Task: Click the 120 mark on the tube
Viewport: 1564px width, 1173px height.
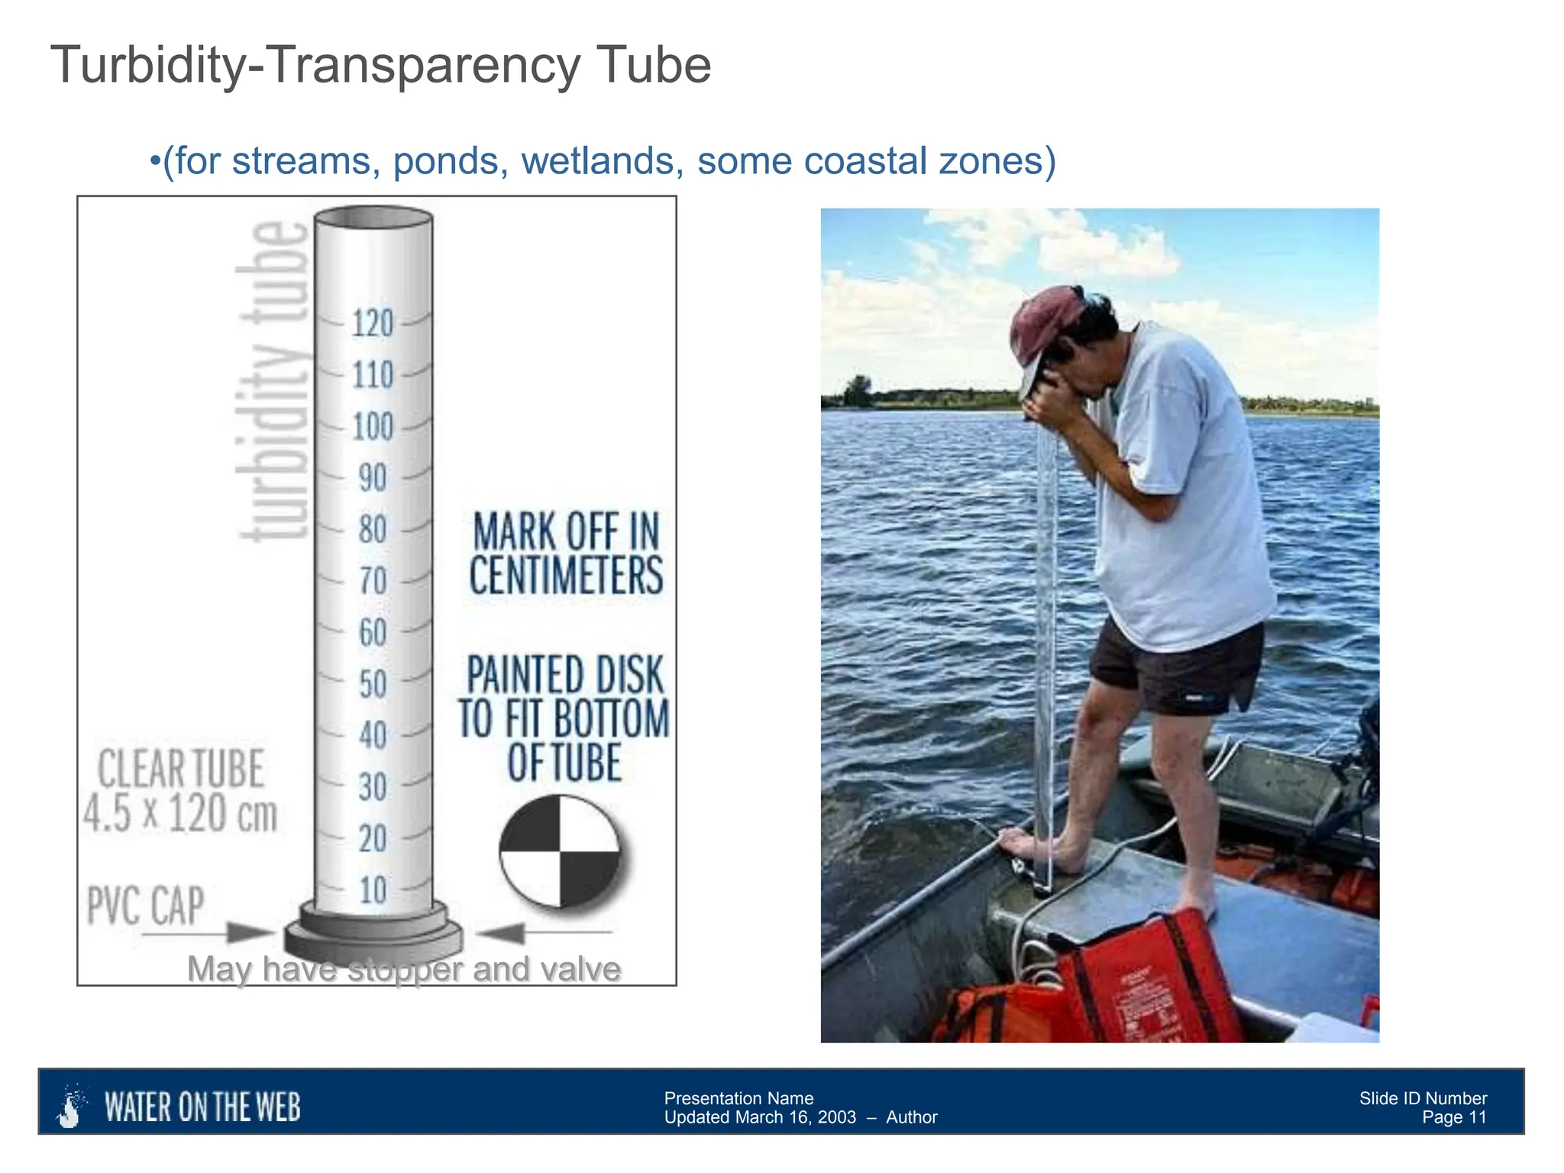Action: [x=373, y=324]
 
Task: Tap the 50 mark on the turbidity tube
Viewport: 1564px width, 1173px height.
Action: [x=373, y=684]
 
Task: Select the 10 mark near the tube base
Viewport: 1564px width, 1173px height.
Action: [x=373, y=890]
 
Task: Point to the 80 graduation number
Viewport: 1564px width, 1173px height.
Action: [x=373, y=530]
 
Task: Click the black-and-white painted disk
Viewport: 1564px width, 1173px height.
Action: [x=560, y=851]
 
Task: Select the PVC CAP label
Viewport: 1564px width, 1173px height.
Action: [x=146, y=906]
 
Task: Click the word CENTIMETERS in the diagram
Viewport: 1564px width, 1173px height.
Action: [x=566, y=576]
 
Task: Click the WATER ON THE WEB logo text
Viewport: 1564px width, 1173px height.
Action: [x=202, y=1107]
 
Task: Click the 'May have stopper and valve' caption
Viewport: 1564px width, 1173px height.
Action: [x=404, y=969]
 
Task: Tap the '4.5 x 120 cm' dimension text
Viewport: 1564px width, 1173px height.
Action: [x=180, y=813]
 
